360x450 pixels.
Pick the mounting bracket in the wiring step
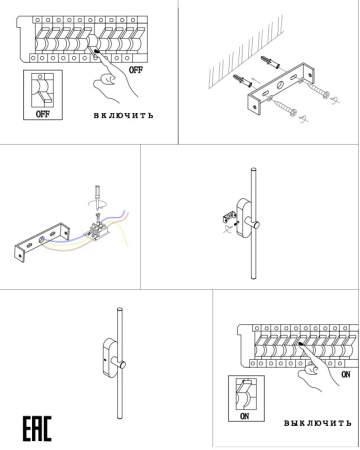(40, 245)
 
